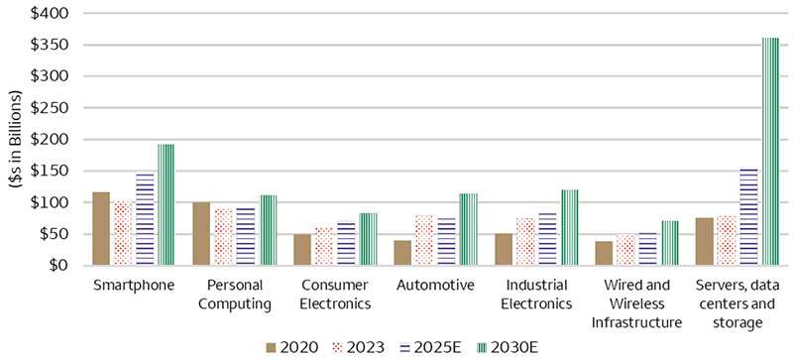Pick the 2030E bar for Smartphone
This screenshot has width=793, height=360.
pos(167,204)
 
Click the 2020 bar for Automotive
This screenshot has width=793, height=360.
pos(402,252)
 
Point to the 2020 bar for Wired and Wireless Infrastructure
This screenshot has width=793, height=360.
pos(604,253)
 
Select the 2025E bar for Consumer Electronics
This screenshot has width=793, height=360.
pos(346,243)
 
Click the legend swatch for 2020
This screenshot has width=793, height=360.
pos(271,347)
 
